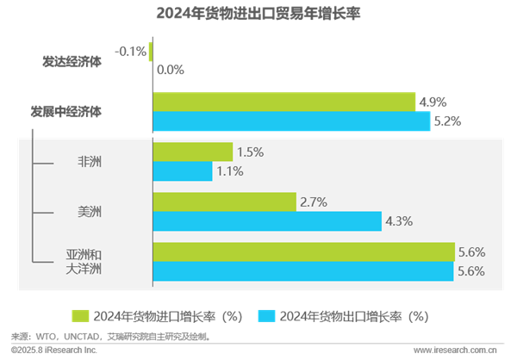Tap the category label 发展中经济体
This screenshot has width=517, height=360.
(66, 111)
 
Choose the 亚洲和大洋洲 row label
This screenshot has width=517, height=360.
(84, 262)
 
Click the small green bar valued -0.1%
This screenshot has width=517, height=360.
(151, 52)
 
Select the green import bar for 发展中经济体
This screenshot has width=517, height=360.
(283, 102)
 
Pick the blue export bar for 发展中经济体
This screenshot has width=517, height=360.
(290, 121)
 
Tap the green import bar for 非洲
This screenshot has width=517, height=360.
(192, 152)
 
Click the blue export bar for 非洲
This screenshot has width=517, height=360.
(182, 171)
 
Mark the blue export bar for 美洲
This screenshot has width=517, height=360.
(266, 221)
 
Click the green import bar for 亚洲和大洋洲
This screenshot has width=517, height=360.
(303, 251)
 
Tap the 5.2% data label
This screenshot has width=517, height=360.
(447, 121)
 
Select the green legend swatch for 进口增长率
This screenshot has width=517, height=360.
(80, 315)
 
